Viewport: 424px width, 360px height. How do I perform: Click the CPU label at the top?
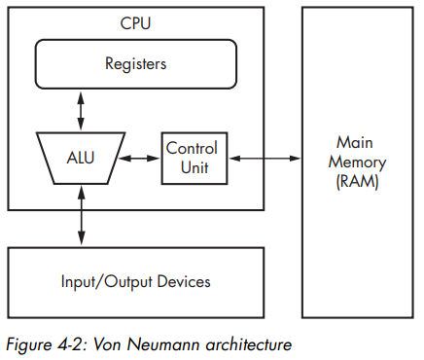pyautogui.click(x=135, y=23)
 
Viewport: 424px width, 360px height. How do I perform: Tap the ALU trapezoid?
pyautogui.click(x=81, y=158)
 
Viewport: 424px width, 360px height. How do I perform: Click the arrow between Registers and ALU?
pyautogui.click(x=81, y=111)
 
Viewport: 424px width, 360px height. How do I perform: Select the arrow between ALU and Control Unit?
pyautogui.click(x=139, y=159)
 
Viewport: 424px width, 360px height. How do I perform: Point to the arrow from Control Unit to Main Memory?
pyautogui.click(x=265, y=159)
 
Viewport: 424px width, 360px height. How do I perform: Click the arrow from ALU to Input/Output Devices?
pyautogui.click(x=82, y=215)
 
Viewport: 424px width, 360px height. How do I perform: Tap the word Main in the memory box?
pyautogui.click(x=355, y=142)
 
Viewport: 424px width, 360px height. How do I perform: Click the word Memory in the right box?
pyautogui.click(x=357, y=162)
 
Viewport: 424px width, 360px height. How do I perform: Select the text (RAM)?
pyautogui.click(x=357, y=181)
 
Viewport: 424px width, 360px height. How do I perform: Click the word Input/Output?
pyautogui.click(x=107, y=281)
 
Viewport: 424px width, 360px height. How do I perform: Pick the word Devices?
pyautogui.click(x=184, y=281)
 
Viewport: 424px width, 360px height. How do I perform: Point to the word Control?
pyautogui.click(x=192, y=148)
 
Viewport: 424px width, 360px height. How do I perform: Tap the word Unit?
pyautogui.click(x=194, y=167)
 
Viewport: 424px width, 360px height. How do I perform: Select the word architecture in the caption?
pyautogui.click(x=249, y=344)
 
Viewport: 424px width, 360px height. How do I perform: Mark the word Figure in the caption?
pyautogui.click(x=29, y=344)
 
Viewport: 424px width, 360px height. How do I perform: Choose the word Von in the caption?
pyautogui.click(x=107, y=344)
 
